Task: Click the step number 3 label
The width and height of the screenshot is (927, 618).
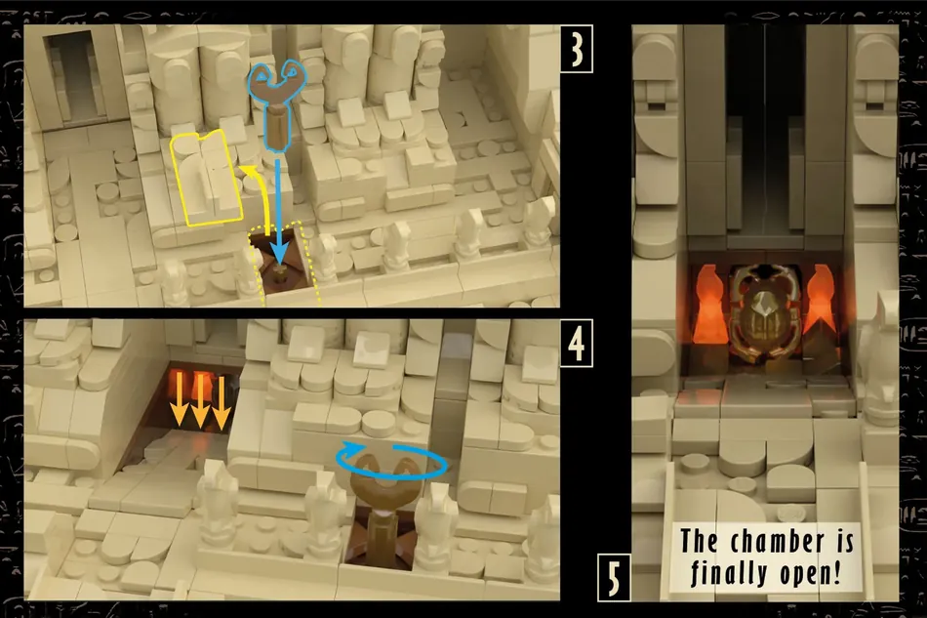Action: [576, 49]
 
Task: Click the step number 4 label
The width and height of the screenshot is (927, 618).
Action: [576, 343]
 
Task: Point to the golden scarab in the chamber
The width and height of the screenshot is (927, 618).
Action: [765, 314]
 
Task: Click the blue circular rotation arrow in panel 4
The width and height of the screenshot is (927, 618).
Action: [391, 462]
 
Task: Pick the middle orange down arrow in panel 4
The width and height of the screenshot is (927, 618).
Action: [200, 400]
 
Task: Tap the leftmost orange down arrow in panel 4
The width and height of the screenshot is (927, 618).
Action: [178, 400]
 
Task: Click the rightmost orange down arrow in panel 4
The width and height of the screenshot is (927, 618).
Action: [221, 403]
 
